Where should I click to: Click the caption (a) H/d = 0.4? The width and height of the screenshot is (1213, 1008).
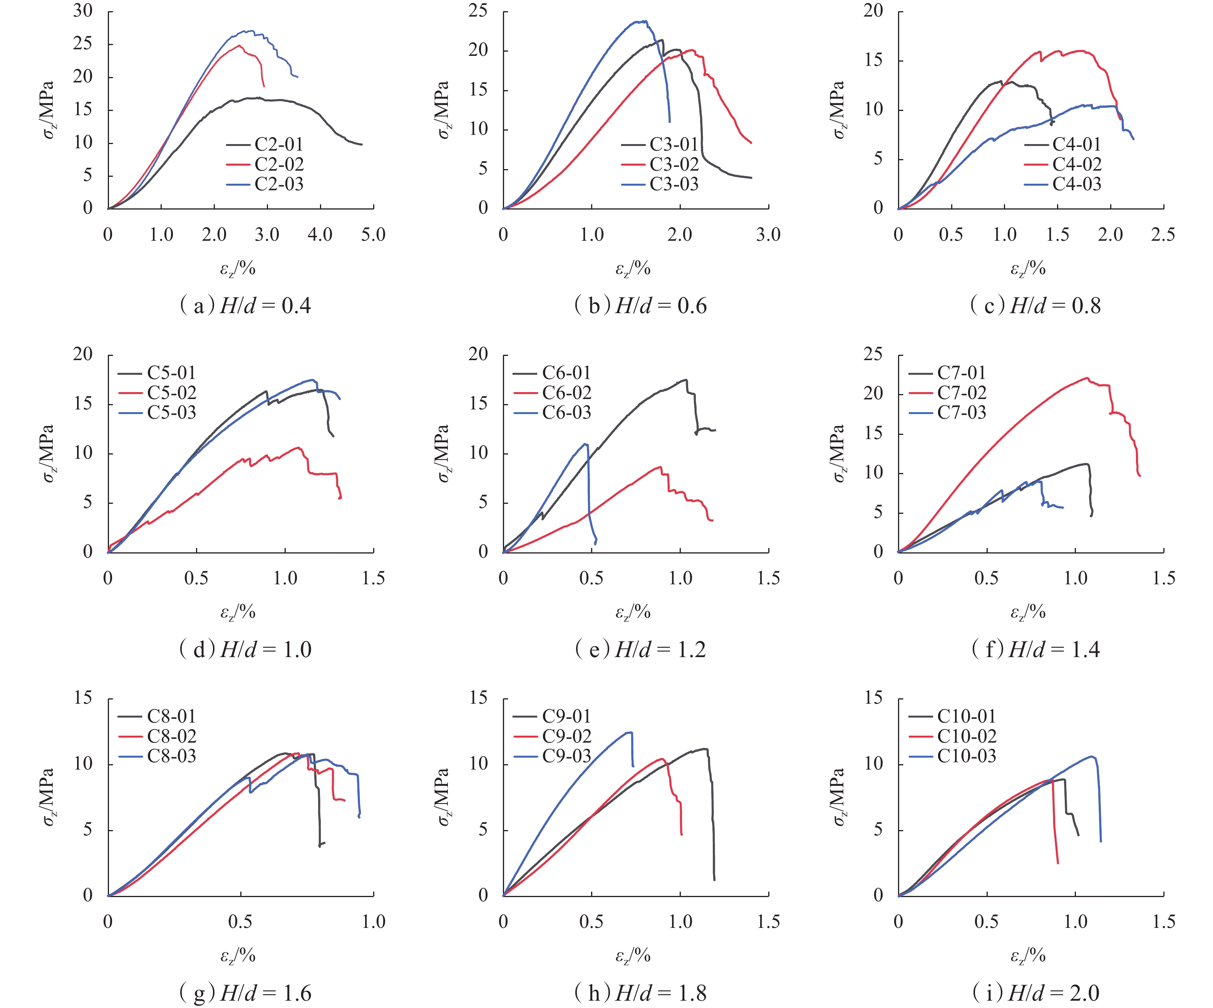(246, 305)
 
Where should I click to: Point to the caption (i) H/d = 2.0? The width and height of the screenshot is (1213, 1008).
(1036, 993)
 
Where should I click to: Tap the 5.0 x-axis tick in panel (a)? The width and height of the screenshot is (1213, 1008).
(373, 235)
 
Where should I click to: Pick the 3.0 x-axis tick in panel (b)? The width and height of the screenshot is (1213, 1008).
(768, 235)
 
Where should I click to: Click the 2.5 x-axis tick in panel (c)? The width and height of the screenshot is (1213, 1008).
(1163, 235)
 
